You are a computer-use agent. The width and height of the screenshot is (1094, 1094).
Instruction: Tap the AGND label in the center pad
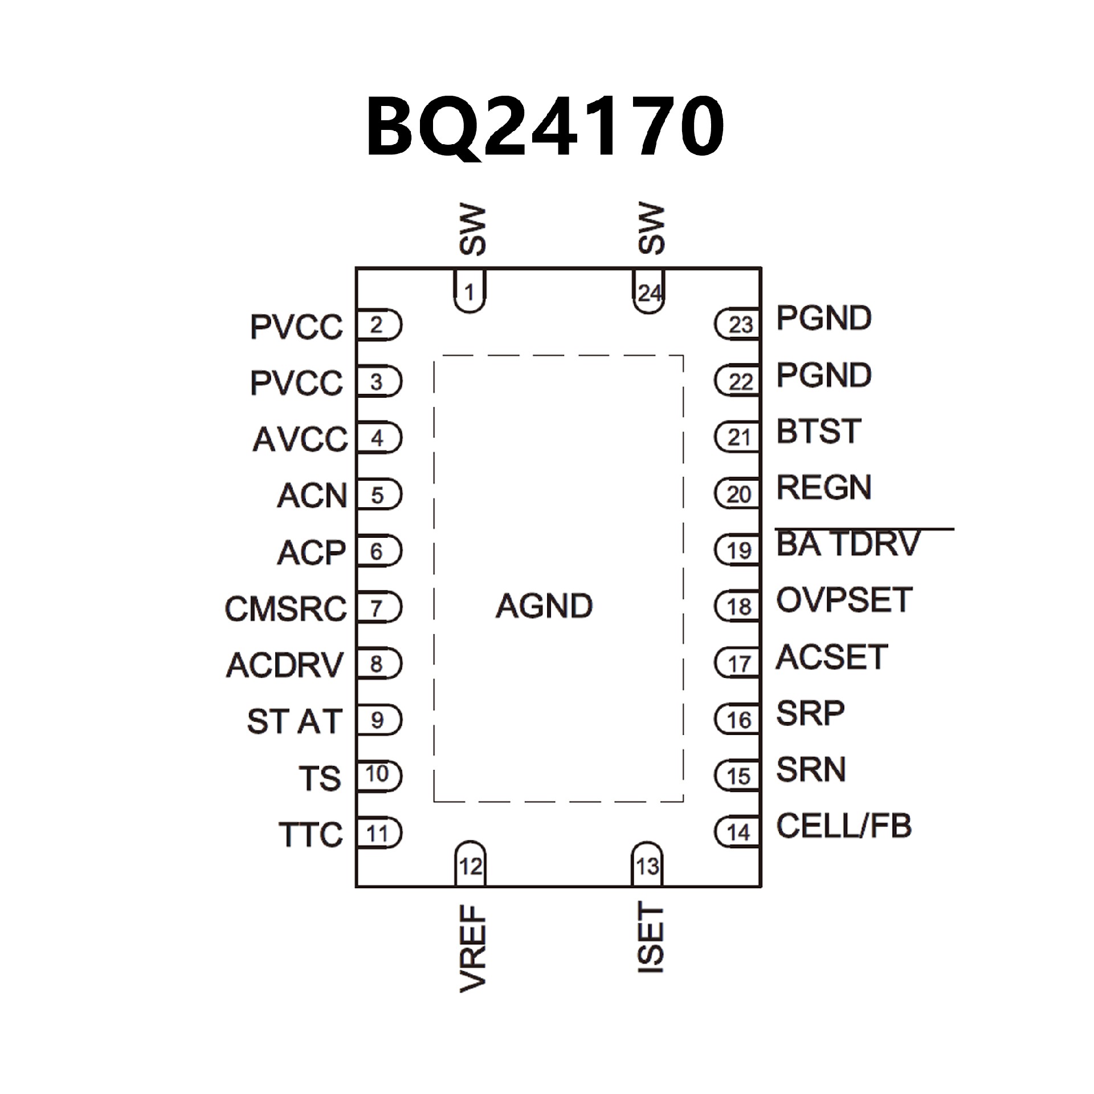pos(544,606)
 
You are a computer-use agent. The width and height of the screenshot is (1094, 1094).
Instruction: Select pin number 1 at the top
pos(470,293)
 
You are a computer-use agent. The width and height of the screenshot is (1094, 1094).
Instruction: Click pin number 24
pos(650,293)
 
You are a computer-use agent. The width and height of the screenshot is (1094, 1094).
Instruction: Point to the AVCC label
pos(300,439)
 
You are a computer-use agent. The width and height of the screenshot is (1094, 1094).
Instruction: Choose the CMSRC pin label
pos(285,609)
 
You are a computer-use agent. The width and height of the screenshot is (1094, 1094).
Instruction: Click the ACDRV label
pos(285,664)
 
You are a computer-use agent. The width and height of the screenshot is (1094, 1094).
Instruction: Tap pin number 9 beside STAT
pos(377,721)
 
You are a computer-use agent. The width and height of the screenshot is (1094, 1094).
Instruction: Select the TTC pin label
pos(311,835)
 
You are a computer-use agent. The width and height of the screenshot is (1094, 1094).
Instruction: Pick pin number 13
pos(647,867)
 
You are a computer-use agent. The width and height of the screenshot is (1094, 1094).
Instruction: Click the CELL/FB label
pos(844,826)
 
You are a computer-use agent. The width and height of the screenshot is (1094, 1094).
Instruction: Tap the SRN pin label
pos(811,770)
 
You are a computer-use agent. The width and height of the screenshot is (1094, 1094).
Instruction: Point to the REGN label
pos(824,488)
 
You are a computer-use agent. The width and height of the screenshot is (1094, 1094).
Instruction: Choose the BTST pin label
pos(818,431)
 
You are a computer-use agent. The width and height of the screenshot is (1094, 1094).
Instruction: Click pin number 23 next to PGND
pos(741,325)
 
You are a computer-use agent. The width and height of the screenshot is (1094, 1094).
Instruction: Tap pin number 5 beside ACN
pos(377,495)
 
